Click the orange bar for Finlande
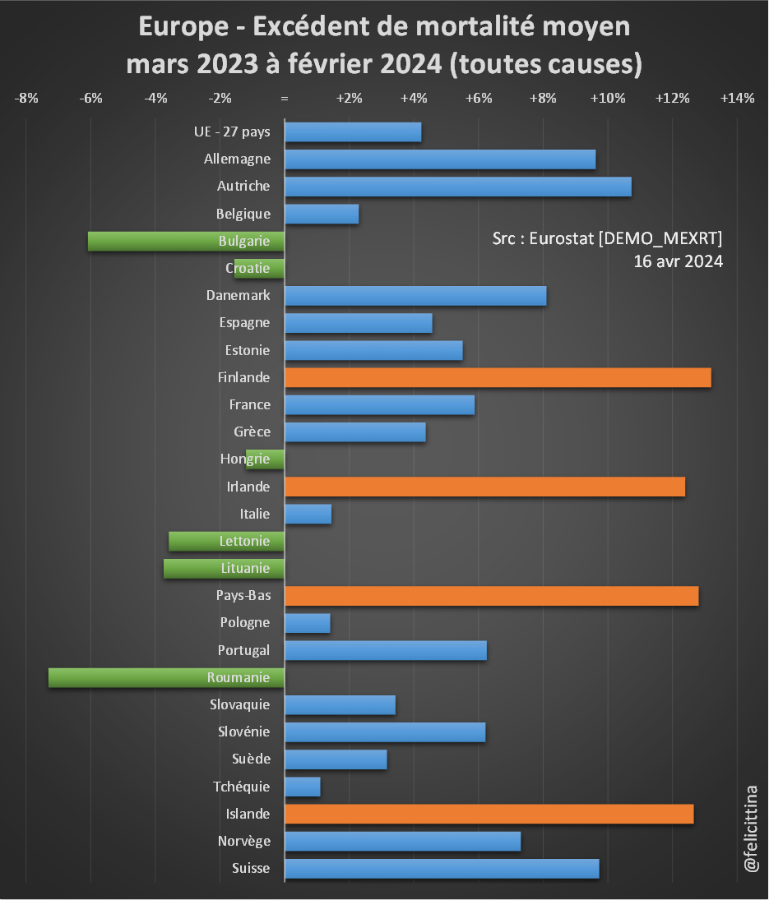point(498,377)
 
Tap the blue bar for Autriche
point(457,187)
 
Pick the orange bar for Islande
point(489,814)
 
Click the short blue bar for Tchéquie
point(302,787)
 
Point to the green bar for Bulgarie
point(186,241)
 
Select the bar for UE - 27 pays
point(353,132)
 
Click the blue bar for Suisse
point(442,868)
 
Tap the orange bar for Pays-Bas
point(491,595)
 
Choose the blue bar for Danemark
point(415,295)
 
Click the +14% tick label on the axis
point(737,99)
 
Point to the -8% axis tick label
point(26,99)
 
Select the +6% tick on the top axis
point(479,99)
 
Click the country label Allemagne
point(237,159)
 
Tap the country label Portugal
point(243,650)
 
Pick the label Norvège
point(243,841)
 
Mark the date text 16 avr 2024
point(678,261)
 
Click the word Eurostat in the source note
point(563,238)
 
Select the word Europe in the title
point(183,26)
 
